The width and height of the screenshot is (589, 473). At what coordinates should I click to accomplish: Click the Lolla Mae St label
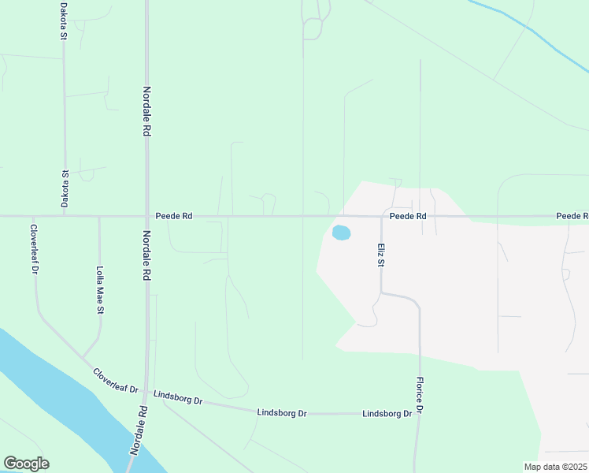[x=100, y=290]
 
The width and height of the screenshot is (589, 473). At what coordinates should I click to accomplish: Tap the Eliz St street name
[x=380, y=255]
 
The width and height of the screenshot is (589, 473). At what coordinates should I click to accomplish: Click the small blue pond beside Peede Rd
[x=341, y=233]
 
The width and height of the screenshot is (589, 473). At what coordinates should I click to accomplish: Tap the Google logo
[x=26, y=464]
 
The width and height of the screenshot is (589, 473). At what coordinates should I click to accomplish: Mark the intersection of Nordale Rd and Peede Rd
[x=146, y=216]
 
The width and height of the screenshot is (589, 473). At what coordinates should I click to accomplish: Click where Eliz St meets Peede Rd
[x=381, y=216]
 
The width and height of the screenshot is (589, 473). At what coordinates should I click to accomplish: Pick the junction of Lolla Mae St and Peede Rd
[x=99, y=216]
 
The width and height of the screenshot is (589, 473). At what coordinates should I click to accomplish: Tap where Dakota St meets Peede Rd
[x=65, y=216]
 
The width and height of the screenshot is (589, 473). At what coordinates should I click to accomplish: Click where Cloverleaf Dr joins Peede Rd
[x=34, y=216]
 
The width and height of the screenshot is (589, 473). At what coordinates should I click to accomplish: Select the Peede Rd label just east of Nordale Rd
[x=174, y=215]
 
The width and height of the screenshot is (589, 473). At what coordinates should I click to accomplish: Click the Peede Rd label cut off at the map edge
[x=572, y=215]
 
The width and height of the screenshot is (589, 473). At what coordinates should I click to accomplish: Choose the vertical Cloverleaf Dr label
[x=35, y=249]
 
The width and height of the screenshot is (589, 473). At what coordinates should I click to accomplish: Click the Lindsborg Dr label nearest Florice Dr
[x=387, y=413]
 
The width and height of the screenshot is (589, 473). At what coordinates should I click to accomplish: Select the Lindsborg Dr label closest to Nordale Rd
[x=178, y=397]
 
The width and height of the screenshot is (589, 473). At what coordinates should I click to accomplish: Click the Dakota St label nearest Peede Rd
[x=65, y=189]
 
